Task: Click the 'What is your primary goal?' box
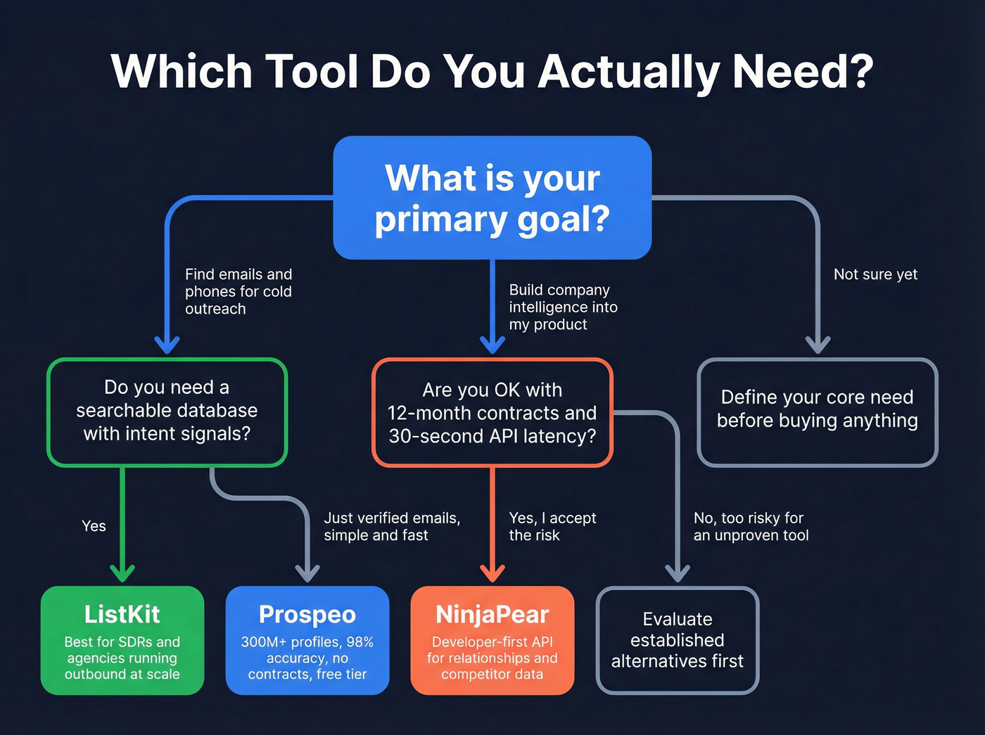492,198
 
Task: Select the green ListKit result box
122,640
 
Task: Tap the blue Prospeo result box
307,640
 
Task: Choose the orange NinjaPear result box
492,640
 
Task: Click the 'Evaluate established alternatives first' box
677,640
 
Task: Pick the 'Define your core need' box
817,411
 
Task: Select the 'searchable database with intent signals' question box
167,411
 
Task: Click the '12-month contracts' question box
492,413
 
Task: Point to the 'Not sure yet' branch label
875,274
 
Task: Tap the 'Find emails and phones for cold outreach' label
238,291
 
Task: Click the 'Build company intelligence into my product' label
563,307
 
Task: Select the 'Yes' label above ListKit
94,526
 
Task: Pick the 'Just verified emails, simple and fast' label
392,526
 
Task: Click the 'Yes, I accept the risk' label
552,526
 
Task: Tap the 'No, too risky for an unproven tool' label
751,526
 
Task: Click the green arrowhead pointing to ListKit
122,573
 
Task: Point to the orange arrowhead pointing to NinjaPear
492,573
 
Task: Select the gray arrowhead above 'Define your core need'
818,345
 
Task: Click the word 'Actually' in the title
630,72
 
